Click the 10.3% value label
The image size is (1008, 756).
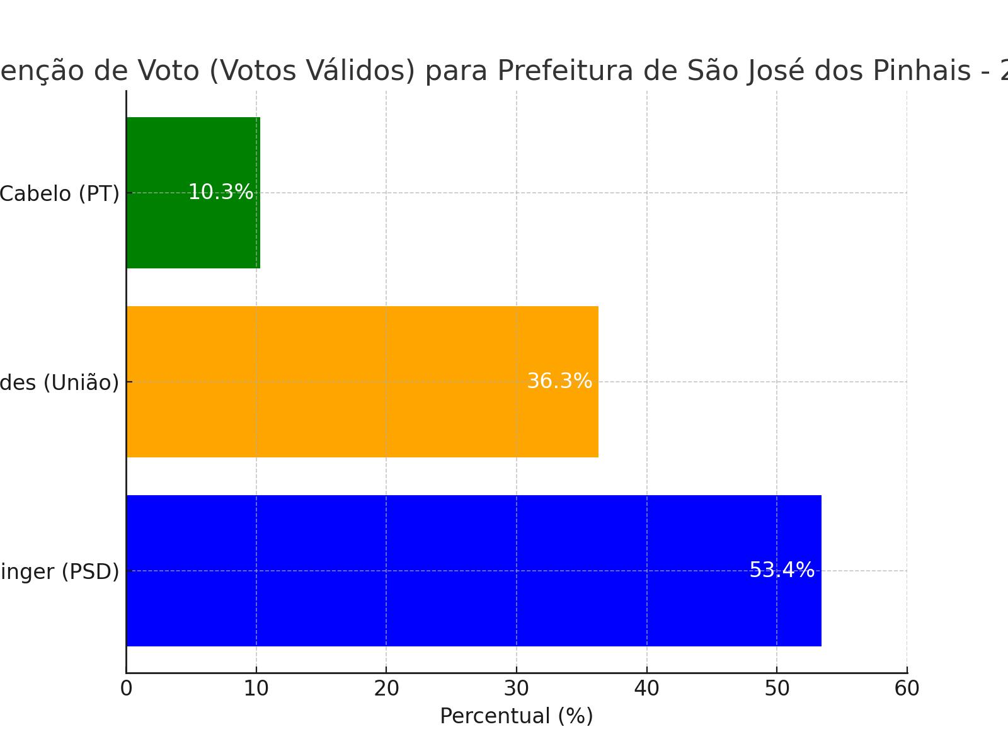(x=220, y=192)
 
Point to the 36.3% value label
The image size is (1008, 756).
(x=559, y=381)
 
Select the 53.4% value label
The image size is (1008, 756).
(x=782, y=570)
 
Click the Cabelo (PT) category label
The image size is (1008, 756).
(x=59, y=193)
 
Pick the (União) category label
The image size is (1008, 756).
(x=59, y=382)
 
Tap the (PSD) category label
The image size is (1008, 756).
(x=59, y=571)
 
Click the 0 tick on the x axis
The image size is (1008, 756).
(x=126, y=689)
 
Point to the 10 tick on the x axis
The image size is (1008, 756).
(x=256, y=689)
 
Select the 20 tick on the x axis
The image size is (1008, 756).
(x=386, y=689)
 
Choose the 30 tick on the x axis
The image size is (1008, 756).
(x=517, y=689)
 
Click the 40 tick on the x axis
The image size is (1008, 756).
(x=647, y=689)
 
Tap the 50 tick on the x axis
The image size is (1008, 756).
(x=777, y=689)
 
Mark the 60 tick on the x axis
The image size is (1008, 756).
(x=907, y=689)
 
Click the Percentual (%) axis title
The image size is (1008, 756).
(x=517, y=716)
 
